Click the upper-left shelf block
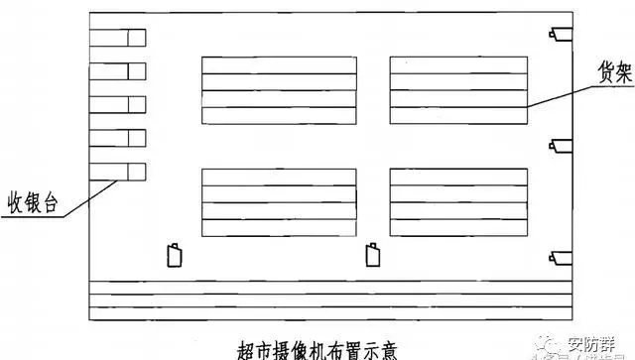(279, 90)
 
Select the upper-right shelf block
(457, 90)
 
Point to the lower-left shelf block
(279, 202)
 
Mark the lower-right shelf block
(457, 202)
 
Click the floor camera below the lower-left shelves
(176, 255)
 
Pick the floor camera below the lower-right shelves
(373, 255)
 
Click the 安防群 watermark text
(589, 346)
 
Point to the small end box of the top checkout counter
(137, 38)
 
